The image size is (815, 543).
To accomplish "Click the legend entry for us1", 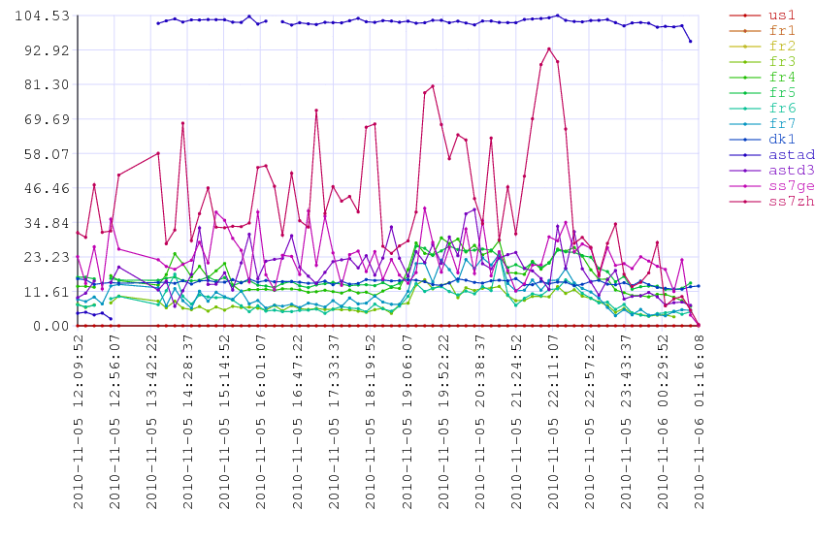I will [x=781, y=16].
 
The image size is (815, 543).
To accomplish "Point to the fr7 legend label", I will [x=781, y=123].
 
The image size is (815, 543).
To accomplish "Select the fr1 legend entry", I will [x=781, y=31].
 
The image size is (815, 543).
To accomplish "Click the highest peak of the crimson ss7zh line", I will [x=549, y=48].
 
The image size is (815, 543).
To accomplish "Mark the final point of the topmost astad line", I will [x=691, y=42].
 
